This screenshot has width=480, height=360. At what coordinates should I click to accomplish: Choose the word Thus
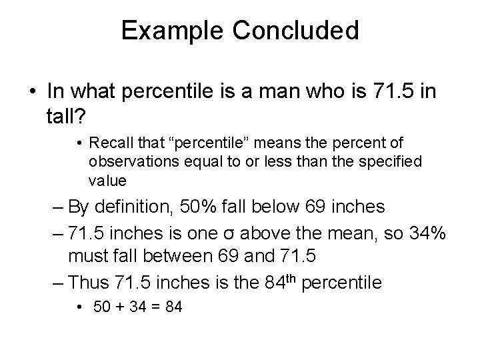pos(85,283)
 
